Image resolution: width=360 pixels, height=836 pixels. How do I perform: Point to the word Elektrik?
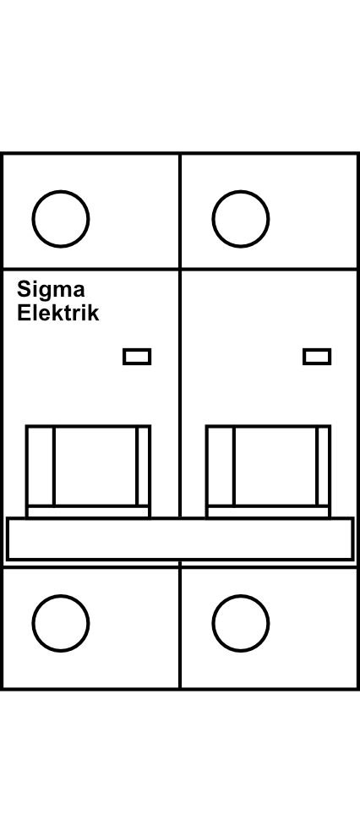click(57, 313)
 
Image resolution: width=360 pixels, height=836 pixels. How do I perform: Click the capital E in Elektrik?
click(24, 313)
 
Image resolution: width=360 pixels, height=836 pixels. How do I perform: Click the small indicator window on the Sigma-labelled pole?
click(137, 357)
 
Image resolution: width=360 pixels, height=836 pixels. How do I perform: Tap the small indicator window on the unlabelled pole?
click(317, 357)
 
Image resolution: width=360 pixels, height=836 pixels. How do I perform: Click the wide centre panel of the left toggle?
click(95, 466)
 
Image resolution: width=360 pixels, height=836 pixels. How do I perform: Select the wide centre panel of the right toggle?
click(275, 466)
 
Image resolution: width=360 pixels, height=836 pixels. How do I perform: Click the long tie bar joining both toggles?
click(180, 538)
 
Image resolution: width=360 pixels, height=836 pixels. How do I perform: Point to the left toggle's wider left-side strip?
click(41, 466)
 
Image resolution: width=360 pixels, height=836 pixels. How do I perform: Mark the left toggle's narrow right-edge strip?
click(143, 466)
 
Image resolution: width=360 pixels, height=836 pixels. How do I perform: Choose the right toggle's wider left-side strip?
click(221, 466)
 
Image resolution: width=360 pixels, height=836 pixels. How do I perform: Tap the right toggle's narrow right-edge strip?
click(323, 466)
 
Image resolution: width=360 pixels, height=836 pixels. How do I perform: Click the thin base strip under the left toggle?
click(88, 512)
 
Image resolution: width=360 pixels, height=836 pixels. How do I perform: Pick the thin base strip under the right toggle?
click(268, 512)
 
